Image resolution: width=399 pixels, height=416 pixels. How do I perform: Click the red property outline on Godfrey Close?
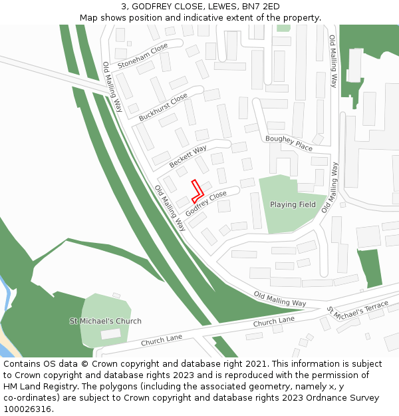click(196, 190)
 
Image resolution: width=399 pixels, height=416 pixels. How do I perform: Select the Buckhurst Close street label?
click(163, 107)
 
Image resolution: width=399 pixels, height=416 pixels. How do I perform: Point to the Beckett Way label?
click(188, 156)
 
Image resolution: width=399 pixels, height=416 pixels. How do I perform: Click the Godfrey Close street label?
click(206, 202)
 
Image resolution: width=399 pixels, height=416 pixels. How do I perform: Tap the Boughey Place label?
click(289, 142)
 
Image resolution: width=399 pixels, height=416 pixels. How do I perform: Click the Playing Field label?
click(293, 204)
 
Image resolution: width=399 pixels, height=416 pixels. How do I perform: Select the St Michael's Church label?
click(106, 321)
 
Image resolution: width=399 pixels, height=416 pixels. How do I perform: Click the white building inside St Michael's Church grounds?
click(111, 334)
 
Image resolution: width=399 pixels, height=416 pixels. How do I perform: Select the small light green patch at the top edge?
click(283, 28)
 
